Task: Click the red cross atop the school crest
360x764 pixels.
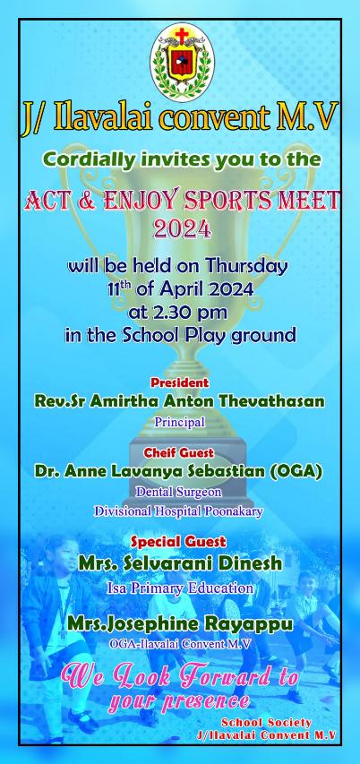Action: (x=182, y=35)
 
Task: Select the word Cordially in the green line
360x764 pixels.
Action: (x=88, y=159)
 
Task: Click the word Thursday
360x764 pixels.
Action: (x=246, y=267)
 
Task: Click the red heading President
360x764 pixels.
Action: (x=179, y=382)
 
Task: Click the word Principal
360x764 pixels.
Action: (x=180, y=422)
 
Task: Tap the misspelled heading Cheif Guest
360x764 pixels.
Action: (x=179, y=453)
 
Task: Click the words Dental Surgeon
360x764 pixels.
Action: (x=179, y=492)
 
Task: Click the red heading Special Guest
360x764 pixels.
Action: (x=179, y=541)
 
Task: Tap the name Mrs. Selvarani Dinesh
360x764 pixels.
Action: (x=180, y=563)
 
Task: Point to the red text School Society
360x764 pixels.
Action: (x=267, y=723)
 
